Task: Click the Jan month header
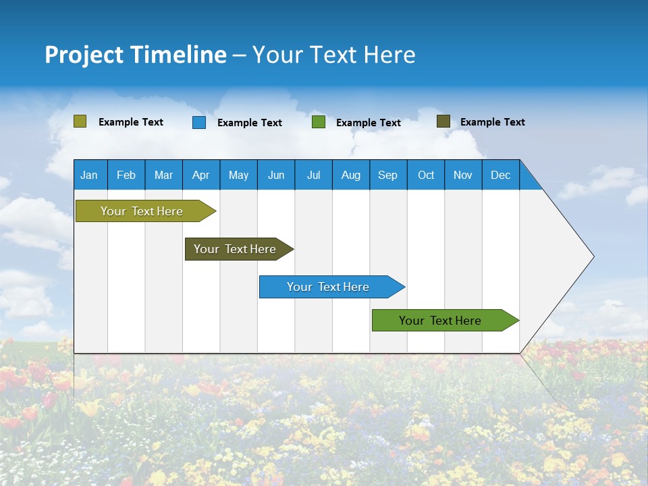coord(89,175)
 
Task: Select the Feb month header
coord(126,175)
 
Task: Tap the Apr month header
coord(200,175)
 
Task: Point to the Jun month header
coord(276,175)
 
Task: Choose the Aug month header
coord(350,175)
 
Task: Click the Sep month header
coord(387,175)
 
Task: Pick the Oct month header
coord(426,175)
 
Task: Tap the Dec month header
coord(500,175)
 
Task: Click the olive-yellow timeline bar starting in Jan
coord(142,211)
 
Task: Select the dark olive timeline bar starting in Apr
coord(235,249)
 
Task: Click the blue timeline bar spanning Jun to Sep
coord(328,287)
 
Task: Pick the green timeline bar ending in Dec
coord(440,321)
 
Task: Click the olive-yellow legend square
coord(80,122)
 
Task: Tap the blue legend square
coord(199,122)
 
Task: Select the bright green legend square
coord(319,122)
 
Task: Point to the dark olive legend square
coord(443,122)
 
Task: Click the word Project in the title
coord(84,55)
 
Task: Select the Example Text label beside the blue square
coord(250,123)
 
